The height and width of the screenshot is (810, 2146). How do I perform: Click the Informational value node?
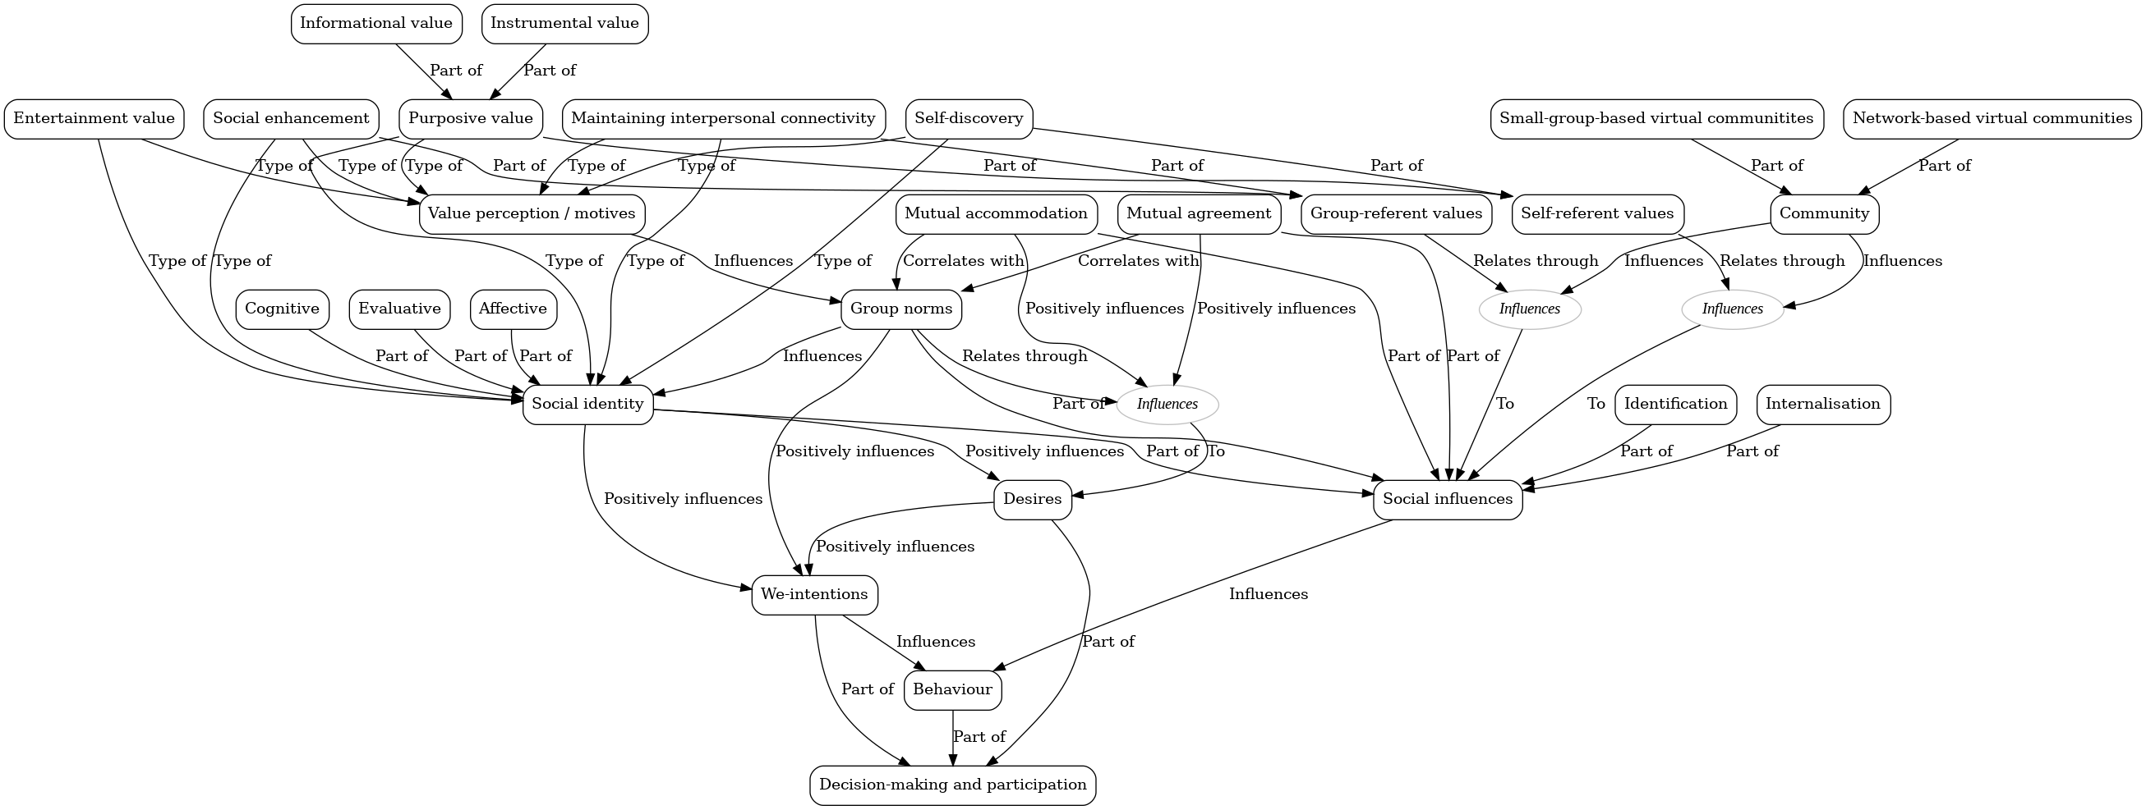[375, 23]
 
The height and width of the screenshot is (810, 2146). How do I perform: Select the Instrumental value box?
[564, 23]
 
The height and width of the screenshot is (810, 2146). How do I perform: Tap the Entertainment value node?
[94, 118]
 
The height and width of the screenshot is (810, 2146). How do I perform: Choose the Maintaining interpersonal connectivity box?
[723, 118]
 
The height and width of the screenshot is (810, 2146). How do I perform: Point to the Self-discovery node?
[968, 118]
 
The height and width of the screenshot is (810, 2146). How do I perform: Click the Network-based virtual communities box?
[1992, 118]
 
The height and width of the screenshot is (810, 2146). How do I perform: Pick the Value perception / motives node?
[532, 214]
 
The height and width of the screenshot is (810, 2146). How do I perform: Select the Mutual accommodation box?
[996, 214]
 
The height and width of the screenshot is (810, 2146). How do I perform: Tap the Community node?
[1824, 214]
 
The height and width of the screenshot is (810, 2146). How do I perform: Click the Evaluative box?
[399, 309]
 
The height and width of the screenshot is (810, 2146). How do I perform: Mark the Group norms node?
[900, 309]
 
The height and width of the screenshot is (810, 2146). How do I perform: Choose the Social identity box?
[587, 405]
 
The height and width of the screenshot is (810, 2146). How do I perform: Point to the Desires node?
[1032, 500]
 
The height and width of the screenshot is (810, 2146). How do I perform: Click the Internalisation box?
[1822, 405]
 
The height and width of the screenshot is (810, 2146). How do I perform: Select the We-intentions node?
[814, 594]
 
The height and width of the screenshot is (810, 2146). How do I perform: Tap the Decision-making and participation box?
[952, 785]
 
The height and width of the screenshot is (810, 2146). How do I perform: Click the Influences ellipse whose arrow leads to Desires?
[1167, 405]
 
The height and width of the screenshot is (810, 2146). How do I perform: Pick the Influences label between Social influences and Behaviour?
[1268, 594]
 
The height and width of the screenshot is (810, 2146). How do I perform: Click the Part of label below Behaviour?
[979, 737]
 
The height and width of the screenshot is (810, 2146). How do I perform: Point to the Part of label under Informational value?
[456, 71]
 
